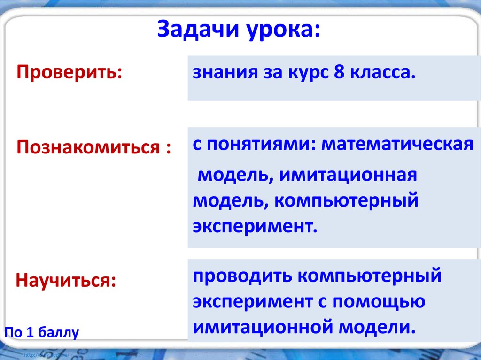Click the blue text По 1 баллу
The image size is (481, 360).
pyautogui.click(x=42, y=332)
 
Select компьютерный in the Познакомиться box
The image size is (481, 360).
pyautogui.click(x=347, y=201)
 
